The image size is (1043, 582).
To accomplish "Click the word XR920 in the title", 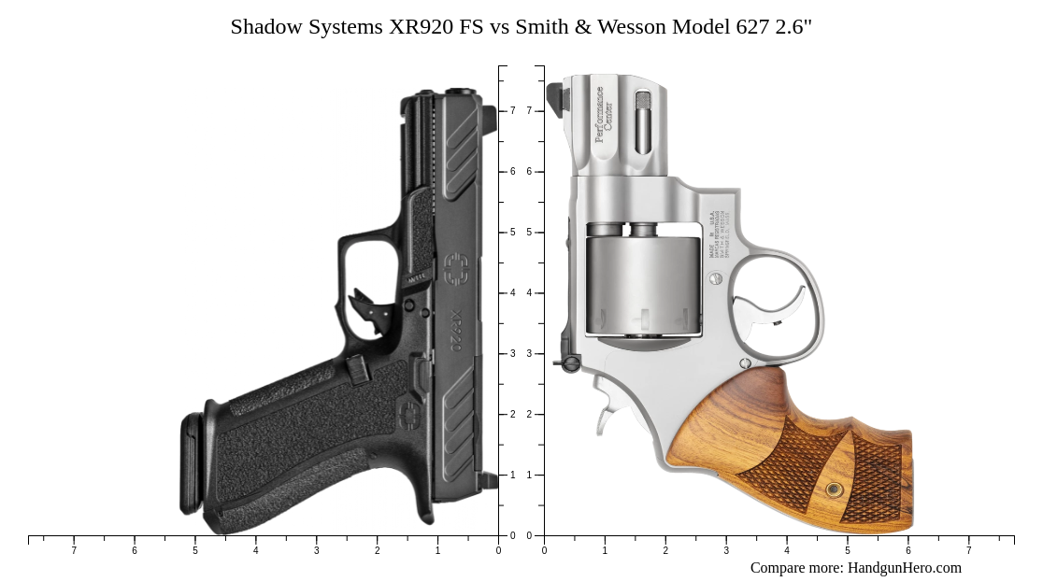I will (421, 27).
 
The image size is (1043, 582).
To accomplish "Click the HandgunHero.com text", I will (904, 568).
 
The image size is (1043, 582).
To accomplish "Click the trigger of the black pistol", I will (367, 307).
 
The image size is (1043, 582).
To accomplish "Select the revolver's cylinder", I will (643, 284).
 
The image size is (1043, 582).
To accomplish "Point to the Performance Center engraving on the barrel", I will (603, 115).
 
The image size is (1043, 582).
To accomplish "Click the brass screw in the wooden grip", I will (834, 490).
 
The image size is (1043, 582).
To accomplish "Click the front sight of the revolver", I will (555, 97).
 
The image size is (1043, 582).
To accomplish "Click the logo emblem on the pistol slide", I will (456, 268).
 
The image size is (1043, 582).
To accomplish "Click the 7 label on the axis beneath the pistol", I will (74, 551).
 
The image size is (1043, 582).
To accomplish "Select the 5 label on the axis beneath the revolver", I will (848, 551).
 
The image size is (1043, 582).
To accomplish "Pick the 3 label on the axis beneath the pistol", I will (316, 551).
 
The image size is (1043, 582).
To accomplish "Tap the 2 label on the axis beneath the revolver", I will (665, 551).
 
